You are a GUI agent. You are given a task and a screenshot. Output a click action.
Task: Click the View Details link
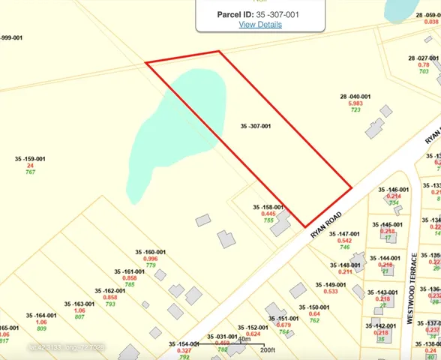[260, 24]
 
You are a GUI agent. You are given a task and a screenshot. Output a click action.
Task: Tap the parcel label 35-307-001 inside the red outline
[256, 126]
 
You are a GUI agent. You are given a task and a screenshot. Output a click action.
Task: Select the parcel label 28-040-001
[355, 96]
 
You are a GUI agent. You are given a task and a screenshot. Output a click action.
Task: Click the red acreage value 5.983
[355, 103]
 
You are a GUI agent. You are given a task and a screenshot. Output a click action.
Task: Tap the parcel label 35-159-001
[30, 159]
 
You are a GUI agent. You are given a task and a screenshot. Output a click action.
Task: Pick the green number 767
[30, 172]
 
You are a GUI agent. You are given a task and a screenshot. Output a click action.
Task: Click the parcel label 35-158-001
[268, 207]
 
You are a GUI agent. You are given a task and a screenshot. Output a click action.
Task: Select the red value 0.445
[268, 214]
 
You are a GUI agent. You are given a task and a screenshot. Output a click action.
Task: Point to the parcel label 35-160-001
[150, 252]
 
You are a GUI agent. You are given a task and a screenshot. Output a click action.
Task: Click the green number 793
[110, 304]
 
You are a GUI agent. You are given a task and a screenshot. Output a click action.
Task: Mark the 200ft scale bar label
[268, 350]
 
